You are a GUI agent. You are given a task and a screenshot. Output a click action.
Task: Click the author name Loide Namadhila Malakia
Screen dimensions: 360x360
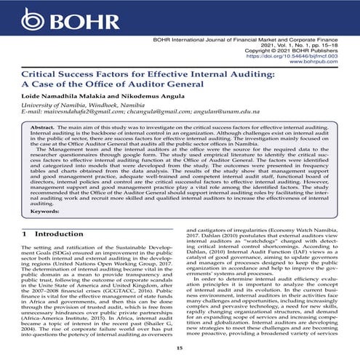tap(67, 98)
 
